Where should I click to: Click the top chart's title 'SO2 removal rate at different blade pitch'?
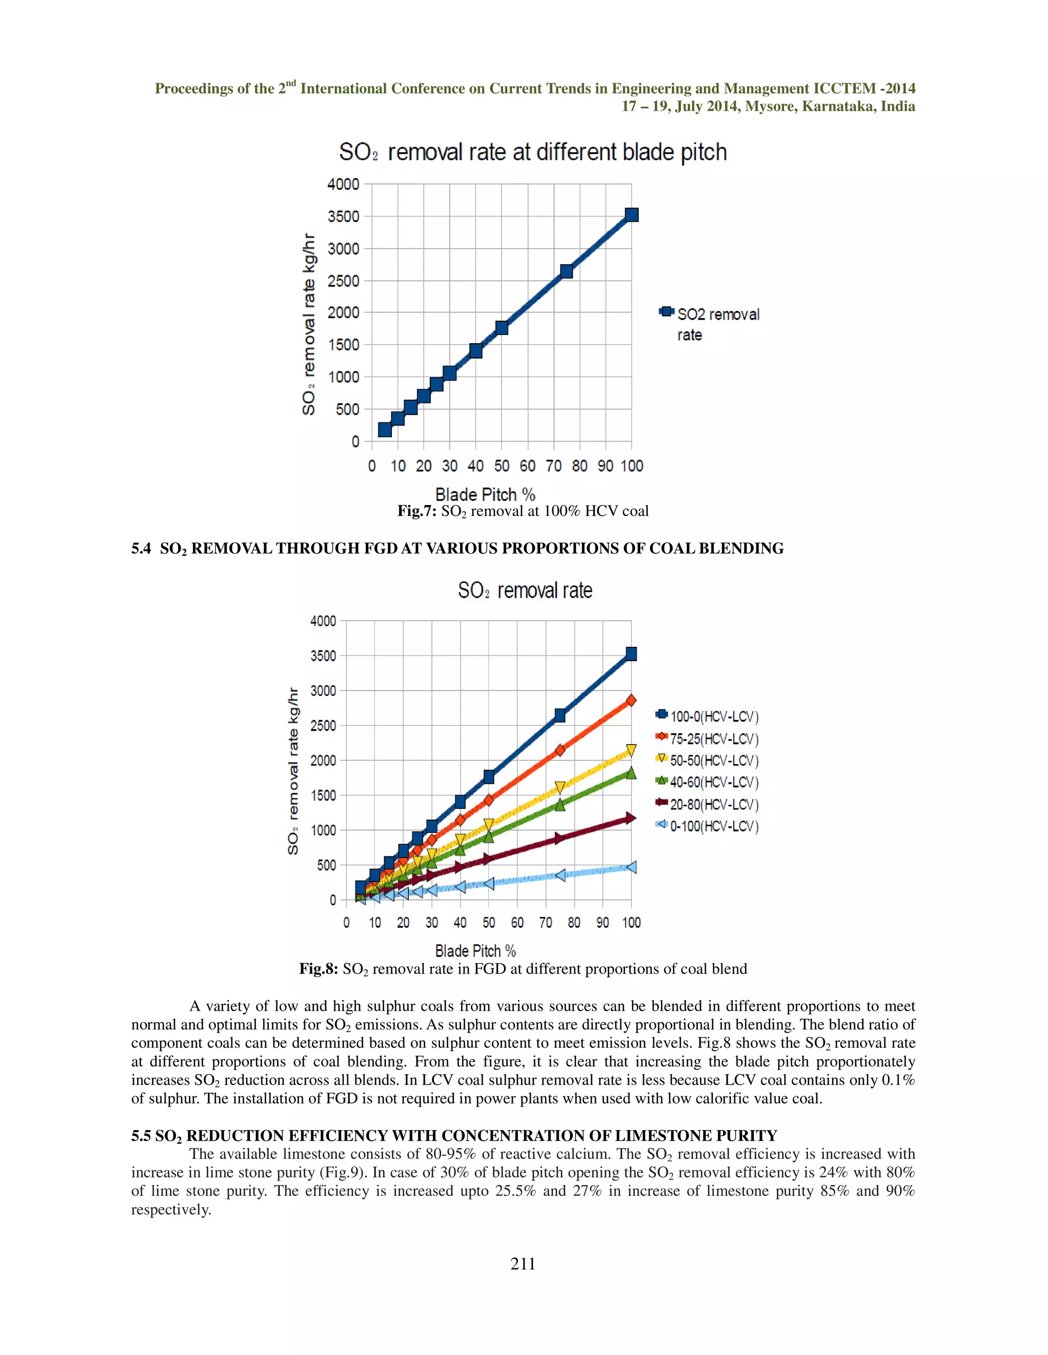click(532, 152)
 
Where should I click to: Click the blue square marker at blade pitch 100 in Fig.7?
click(631, 215)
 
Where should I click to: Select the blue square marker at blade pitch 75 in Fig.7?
click(566, 271)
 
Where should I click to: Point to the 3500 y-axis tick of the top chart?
click(343, 216)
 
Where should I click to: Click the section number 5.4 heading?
click(141, 549)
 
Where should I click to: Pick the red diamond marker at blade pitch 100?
click(631, 701)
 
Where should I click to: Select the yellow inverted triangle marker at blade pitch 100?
click(631, 751)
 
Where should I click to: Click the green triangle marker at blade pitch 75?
click(559, 805)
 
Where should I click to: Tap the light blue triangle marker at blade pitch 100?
click(631, 867)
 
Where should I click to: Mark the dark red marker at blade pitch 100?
click(631, 818)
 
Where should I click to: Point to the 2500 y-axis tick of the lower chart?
click(323, 725)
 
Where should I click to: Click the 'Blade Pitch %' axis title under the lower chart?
click(475, 951)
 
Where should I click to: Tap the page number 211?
click(523, 1264)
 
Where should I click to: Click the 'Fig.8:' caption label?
click(318, 969)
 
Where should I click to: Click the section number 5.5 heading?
click(141, 1136)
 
